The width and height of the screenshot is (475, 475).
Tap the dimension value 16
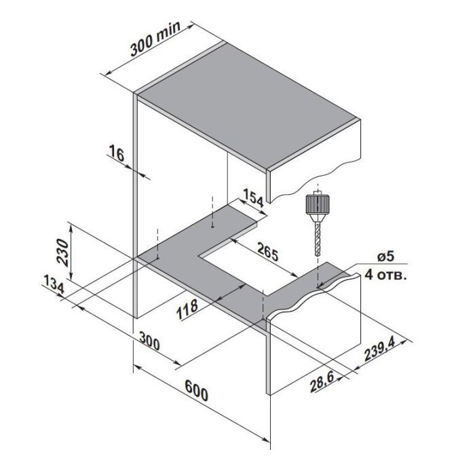pyautogui.click(x=117, y=155)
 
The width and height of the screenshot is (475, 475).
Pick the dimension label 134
pyautogui.click(x=52, y=286)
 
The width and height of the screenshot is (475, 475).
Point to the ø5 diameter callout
pyautogui.click(x=385, y=256)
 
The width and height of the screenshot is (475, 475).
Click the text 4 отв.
pyautogui.click(x=386, y=275)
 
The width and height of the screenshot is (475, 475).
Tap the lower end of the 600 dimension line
pyautogui.click(x=269, y=445)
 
